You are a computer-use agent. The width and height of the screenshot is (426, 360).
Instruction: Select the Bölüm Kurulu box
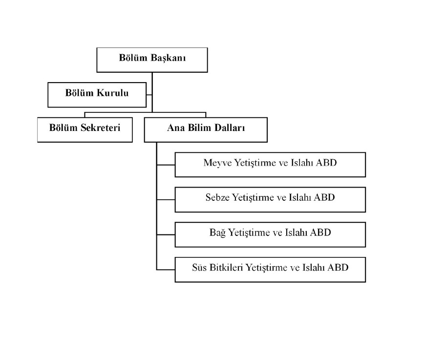tap(97, 94)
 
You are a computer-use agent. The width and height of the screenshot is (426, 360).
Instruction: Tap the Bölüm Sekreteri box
tap(85, 129)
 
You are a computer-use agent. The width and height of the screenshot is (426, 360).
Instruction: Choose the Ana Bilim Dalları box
tap(205, 129)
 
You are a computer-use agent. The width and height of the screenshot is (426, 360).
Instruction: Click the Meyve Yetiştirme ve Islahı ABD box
tap(270, 165)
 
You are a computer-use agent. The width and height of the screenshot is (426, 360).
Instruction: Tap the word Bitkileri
tap(227, 268)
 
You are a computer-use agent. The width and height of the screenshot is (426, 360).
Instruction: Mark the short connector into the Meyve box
tap(166, 165)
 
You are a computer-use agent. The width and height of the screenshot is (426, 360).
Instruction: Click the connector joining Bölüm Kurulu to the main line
tap(149, 94)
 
